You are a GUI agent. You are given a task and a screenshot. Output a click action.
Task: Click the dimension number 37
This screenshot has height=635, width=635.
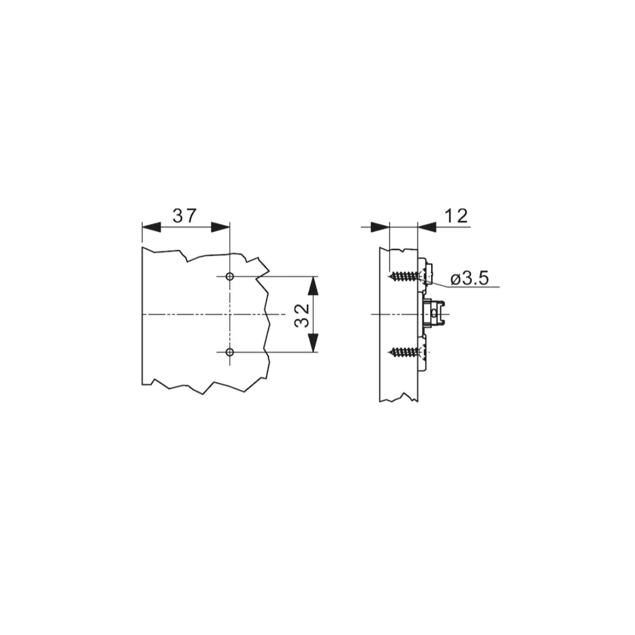(184, 216)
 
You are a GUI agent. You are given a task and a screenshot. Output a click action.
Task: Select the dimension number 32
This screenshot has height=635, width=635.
(302, 315)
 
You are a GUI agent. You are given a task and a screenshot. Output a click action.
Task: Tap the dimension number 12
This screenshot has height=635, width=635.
(456, 216)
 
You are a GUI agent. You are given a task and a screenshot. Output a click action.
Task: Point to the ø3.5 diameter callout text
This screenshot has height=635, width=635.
(469, 279)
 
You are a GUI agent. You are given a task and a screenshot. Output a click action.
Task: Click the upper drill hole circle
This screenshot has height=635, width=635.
(230, 276)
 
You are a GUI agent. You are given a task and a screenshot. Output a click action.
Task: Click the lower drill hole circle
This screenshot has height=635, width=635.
(230, 352)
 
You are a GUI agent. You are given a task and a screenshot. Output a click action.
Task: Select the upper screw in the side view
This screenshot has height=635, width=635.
(405, 276)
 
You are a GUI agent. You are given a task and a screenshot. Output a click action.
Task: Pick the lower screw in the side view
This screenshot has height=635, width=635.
(405, 352)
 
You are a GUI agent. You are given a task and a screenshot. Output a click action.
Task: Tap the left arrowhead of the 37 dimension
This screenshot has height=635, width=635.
(151, 227)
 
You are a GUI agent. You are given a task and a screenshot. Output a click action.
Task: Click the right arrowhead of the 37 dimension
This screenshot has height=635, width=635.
(221, 227)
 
